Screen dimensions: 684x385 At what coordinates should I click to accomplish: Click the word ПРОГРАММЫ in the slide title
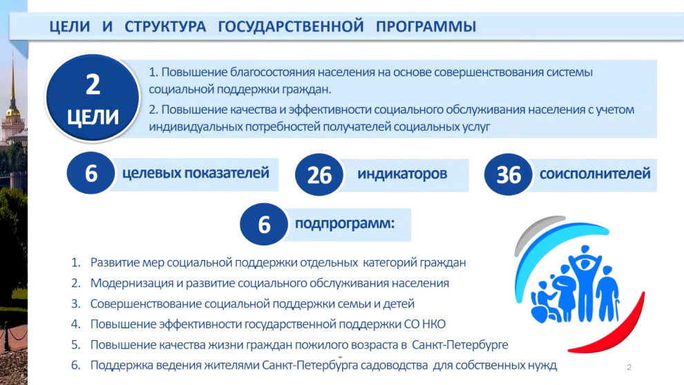(426, 27)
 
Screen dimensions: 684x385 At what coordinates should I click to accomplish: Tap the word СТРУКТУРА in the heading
(165, 27)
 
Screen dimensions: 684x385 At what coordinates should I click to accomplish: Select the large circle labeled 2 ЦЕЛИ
(93, 97)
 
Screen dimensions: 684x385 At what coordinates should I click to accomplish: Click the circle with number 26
(319, 175)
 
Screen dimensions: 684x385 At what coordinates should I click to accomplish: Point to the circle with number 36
(509, 175)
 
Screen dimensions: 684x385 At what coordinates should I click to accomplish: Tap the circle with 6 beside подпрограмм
(264, 224)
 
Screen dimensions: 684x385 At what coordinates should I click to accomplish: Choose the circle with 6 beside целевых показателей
(91, 173)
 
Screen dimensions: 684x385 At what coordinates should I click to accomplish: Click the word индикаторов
(402, 173)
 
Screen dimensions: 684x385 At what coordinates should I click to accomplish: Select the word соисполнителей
(595, 173)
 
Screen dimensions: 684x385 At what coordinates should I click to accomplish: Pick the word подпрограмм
(345, 223)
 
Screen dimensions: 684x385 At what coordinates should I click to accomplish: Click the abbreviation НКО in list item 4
(434, 324)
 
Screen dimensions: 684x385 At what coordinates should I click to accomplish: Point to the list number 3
(75, 304)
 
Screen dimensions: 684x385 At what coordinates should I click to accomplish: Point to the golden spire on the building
(12, 83)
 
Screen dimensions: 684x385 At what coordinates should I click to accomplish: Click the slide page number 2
(629, 367)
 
